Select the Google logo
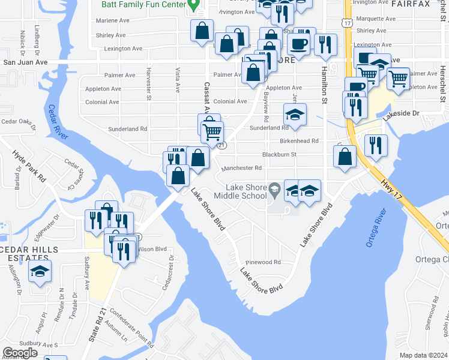click(20, 353)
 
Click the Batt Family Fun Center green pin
click(193, 5)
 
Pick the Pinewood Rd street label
click(264, 262)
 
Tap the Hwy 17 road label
click(391, 190)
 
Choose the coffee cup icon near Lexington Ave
click(298, 44)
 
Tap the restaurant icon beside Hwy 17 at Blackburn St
click(376, 145)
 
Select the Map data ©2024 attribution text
click(424, 355)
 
